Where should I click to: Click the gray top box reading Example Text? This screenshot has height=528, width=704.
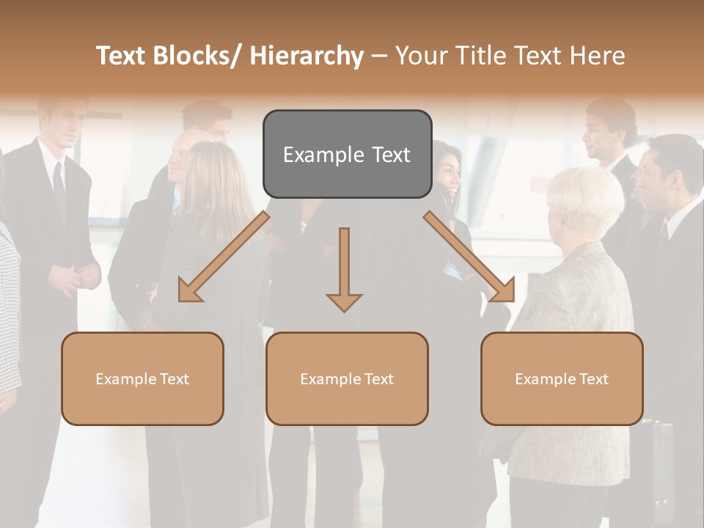pyautogui.click(x=347, y=154)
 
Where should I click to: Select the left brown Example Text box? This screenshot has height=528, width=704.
pyautogui.click(x=142, y=378)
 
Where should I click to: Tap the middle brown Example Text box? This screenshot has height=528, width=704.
pyautogui.click(x=347, y=378)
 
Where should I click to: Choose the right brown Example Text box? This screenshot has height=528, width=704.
pyautogui.click(x=562, y=378)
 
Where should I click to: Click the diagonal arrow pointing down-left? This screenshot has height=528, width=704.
pyautogui.click(x=224, y=257)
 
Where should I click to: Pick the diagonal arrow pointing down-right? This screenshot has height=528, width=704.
pyautogui.click(x=469, y=257)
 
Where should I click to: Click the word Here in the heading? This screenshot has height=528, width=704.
pyautogui.click(x=597, y=56)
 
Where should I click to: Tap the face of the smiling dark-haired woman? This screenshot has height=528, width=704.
pyautogui.click(x=449, y=176)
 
